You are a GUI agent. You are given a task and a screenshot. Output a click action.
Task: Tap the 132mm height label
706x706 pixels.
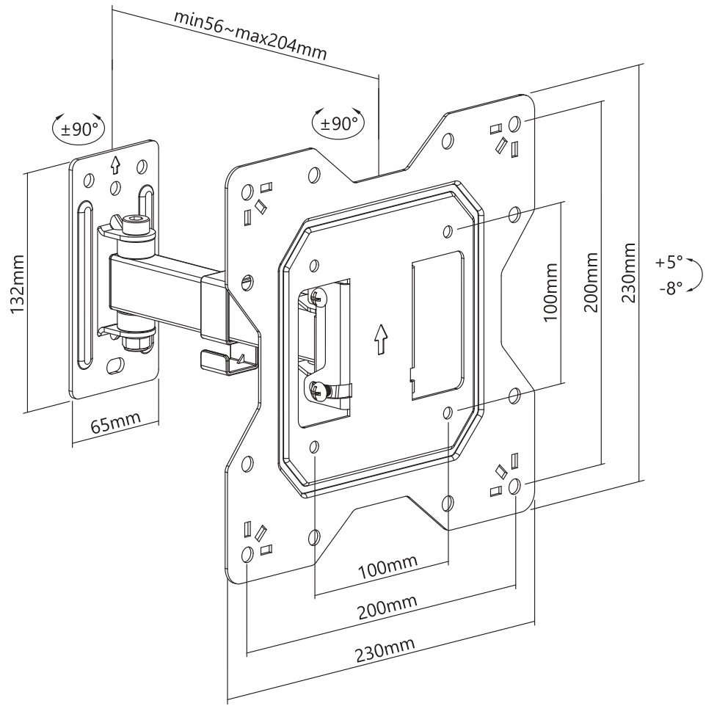(x=18, y=286)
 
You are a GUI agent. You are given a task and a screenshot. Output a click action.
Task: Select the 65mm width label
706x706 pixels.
(x=115, y=423)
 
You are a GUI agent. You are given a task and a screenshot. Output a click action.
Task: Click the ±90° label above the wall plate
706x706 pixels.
(x=80, y=129)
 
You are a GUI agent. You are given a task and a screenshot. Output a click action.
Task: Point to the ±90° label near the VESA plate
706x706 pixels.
(x=339, y=123)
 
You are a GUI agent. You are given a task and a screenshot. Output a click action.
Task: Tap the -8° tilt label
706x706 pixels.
(x=670, y=288)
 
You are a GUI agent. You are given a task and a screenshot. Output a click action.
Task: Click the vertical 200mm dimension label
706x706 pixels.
(x=592, y=283)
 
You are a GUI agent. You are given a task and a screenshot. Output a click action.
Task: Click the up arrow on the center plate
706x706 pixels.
(x=379, y=338)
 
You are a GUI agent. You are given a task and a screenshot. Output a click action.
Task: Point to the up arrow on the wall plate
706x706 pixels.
(x=114, y=164)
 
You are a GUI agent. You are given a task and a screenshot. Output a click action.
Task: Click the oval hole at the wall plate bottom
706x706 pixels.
(x=115, y=365)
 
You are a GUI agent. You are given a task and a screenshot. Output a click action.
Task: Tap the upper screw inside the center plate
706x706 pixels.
(x=316, y=297)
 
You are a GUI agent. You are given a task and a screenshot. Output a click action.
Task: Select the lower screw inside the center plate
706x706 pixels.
(x=319, y=390)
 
